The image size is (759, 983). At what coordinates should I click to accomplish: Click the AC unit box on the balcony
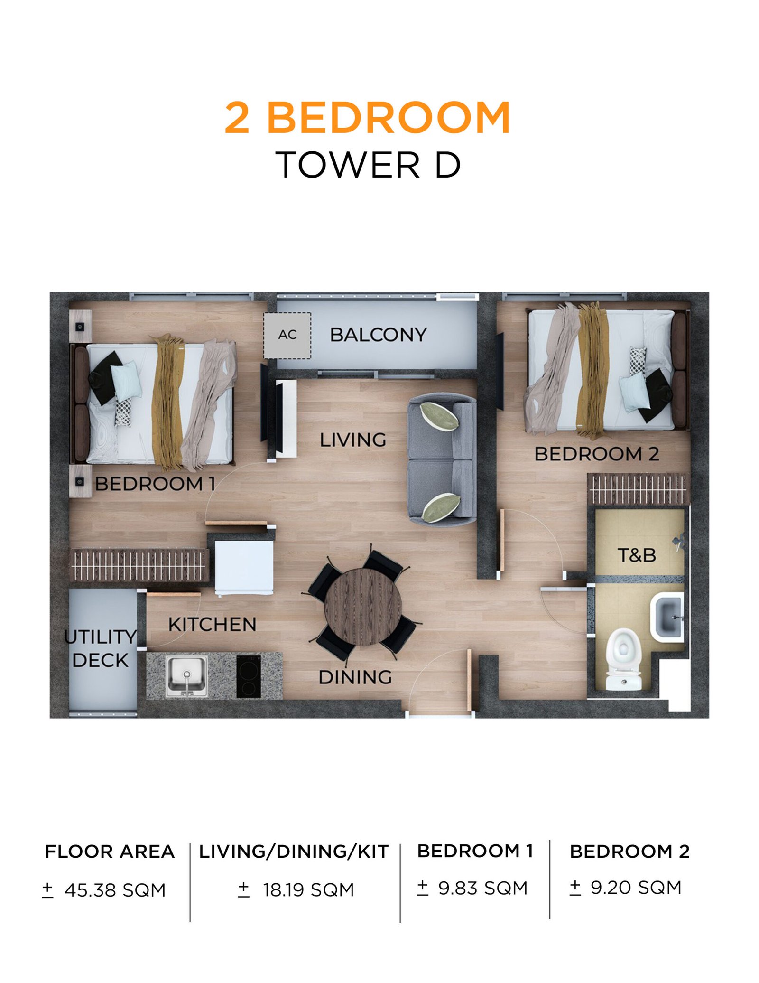(287, 335)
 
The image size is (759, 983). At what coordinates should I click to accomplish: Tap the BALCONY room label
(378, 335)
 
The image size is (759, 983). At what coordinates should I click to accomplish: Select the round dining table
(363, 607)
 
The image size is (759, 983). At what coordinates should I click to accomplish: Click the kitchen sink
(186, 676)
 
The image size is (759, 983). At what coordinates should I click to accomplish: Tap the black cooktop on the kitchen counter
(249, 676)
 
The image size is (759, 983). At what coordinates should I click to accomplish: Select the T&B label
(636, 555)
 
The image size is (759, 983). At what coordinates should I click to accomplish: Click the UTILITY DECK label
(101, 648)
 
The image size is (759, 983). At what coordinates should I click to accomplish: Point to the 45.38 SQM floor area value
(115, 890)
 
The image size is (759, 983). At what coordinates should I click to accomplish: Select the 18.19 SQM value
(308, 890)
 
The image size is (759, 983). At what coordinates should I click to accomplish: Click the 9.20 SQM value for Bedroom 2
(636, 888)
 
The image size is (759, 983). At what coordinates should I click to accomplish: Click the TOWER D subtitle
(368, 165)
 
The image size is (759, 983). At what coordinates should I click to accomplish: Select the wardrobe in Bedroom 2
(638, 488)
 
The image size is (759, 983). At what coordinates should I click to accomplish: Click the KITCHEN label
(212, 625)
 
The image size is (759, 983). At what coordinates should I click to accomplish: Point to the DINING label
(355, 677)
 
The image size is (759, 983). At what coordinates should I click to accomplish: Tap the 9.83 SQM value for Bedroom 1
(482, 888)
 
